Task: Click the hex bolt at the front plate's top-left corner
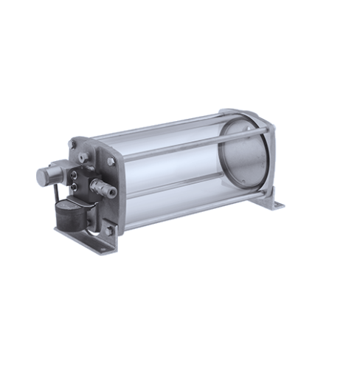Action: (x=73, y=144)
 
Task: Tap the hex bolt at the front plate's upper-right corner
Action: (x=111, y=161)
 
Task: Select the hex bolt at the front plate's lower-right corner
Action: (x=109, y=231)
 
